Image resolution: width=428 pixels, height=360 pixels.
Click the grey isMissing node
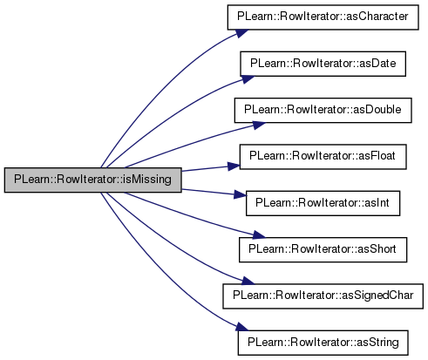pos(93,180)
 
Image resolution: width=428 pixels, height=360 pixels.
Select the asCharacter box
pos(323,17)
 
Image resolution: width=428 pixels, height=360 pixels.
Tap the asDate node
pos(323,64)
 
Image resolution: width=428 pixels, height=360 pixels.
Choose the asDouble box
pos(323,111)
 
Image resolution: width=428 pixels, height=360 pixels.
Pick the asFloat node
pos(323,157)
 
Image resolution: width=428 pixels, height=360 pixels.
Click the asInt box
pos(323,203)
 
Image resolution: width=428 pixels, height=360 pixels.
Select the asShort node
pos(323,249)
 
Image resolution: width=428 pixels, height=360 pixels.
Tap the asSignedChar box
pos(323,296)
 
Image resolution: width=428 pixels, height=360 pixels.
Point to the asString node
pos(323,343)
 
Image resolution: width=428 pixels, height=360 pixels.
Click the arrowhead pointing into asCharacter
pos(241,33)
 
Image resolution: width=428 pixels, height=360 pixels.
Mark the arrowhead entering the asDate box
pos(248,79)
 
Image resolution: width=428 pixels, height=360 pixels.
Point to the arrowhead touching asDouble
pos(259,126)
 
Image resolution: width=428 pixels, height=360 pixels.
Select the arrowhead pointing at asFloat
pos(234,166)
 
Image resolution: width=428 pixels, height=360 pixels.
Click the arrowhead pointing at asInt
pos(240,194)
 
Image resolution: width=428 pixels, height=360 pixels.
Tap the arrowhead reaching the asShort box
pos(259,234)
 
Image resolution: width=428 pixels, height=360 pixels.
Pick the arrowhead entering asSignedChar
pos(248,281)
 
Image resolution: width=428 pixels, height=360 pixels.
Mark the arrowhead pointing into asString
pos(241,327)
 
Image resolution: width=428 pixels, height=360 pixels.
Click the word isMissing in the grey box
pos(147,180)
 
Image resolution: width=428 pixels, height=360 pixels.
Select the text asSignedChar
pos(377,295)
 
